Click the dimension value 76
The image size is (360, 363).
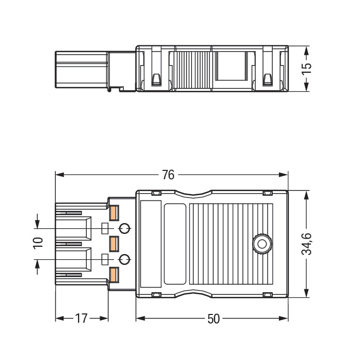point(168,175)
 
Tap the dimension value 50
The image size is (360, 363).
point(213,319)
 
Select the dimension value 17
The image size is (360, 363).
point(81,319)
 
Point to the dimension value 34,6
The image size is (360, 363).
point(307,244)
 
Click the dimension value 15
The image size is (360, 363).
point(307,69)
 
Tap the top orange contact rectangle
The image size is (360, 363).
point(114,212)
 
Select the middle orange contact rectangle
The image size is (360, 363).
point(114,243)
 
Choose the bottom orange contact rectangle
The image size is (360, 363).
point(114,274)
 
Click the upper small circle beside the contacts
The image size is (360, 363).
point(124,228)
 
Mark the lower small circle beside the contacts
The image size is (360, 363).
point(124,259)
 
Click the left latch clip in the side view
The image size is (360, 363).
point(155,80)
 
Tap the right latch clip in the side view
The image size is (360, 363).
point(267,80)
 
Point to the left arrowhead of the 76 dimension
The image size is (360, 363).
point(58,175)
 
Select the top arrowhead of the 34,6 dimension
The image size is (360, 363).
point(307,194)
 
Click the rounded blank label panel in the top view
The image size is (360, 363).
point(175,244)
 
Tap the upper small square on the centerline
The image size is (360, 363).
point(105,228)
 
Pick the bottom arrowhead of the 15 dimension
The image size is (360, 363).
point(307,89)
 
